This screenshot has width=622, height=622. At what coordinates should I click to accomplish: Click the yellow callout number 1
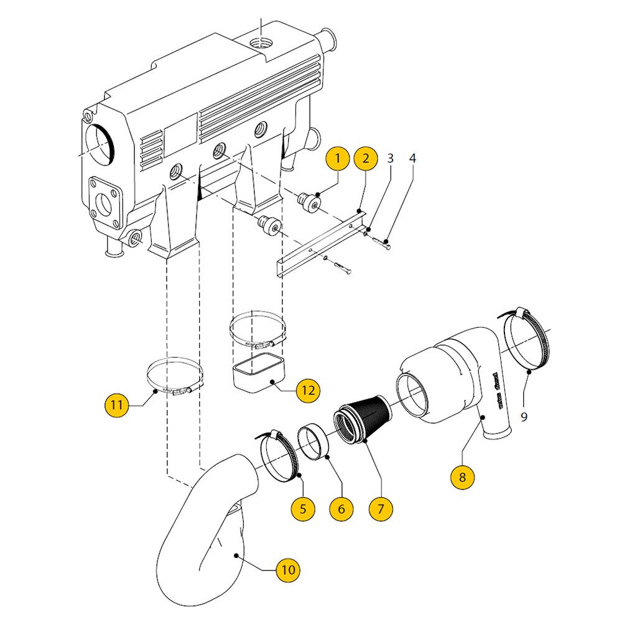[338, 159]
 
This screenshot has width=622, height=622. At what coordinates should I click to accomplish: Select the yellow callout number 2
[366, 159]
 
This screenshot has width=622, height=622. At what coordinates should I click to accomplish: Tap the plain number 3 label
[390, 158]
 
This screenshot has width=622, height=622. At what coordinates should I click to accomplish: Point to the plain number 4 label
[412, 158]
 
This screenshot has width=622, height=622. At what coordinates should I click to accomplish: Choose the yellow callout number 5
[303, 508]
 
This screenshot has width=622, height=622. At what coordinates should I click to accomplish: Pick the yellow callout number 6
[341, 508]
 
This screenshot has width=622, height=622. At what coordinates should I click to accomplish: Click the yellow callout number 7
[381, 508]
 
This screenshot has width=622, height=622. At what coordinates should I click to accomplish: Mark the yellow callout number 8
[462, 478]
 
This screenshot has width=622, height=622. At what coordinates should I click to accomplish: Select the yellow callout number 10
[287, 569]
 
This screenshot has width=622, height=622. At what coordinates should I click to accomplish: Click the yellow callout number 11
[116, 405]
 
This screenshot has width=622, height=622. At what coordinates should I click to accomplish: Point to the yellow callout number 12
[309, 391]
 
